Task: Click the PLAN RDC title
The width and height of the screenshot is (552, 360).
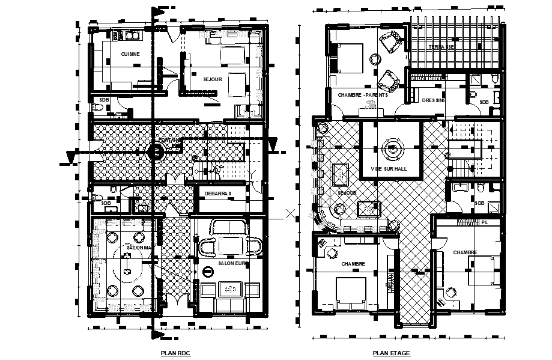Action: coord(176,353)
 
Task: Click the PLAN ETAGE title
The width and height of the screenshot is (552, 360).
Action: coord(392,353)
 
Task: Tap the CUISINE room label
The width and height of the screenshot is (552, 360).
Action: coord(130,54)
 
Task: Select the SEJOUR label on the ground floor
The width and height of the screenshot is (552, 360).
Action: coord(212,79)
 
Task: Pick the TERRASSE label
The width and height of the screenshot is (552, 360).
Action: coord(441,47)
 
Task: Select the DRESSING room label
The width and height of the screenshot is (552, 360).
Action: coord(434,100)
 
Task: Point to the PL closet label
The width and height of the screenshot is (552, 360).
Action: coord(485,222)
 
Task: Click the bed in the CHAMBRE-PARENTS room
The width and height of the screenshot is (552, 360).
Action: coord(347,58)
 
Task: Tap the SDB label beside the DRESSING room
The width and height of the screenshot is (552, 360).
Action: coord(484,102)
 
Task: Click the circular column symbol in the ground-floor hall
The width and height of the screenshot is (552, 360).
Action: coord(156,152)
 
